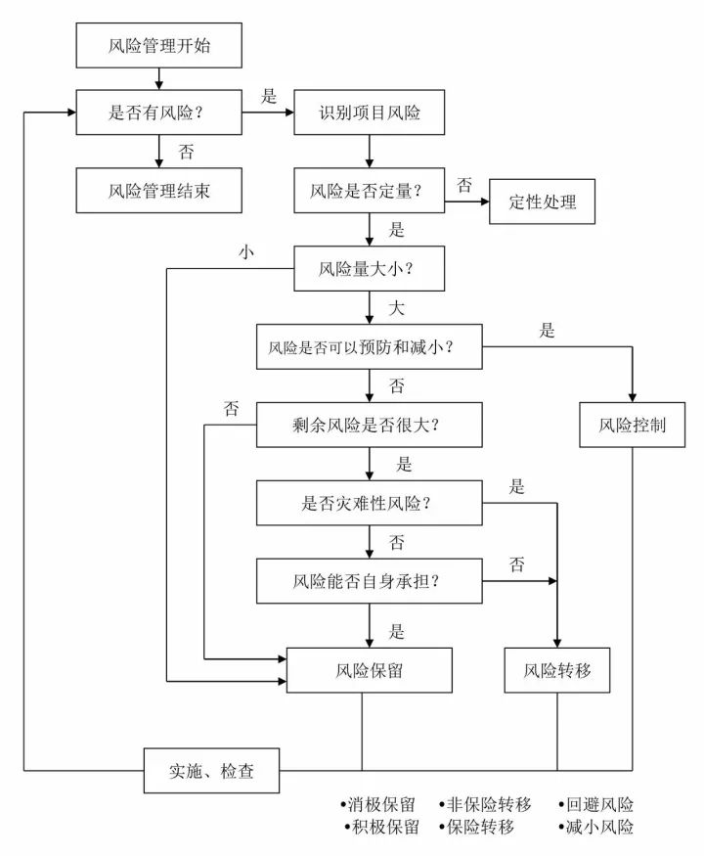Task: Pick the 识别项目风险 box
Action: pos(370,113)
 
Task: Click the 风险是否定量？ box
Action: pos(370,190)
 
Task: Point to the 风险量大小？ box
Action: pos(370,267)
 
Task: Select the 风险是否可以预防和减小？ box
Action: pos(370,346)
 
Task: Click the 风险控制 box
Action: pos(631,426)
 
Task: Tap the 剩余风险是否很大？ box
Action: pos(370,426)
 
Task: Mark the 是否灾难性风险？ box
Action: pos(370,504)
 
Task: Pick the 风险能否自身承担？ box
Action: pos(370,581)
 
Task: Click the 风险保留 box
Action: pos(370,671)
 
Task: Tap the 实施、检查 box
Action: pos(211,771)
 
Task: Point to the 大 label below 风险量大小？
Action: pos(397,309)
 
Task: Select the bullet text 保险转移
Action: pos(484,828)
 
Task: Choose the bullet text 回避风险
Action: pos(598,805)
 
